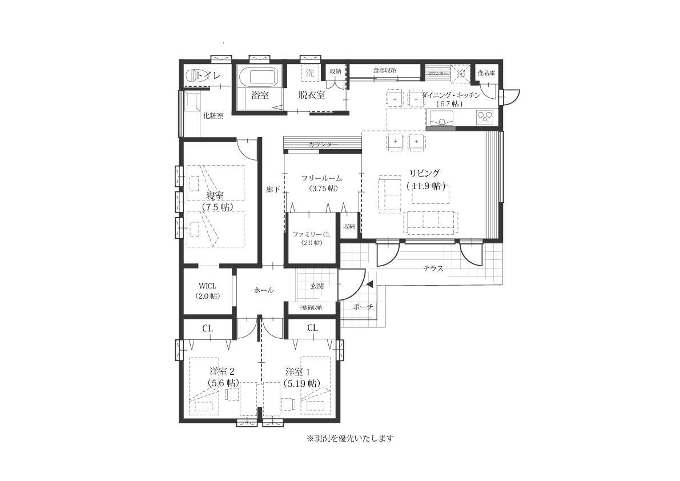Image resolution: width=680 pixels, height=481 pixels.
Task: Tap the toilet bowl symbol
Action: pos(195,75)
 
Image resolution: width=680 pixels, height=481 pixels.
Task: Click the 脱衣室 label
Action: pos(311,95)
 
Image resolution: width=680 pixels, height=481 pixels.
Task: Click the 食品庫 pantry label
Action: pos(486,73)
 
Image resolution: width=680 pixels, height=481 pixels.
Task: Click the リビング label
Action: pos(424,173)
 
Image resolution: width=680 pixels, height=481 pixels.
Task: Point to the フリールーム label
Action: pos(322,178)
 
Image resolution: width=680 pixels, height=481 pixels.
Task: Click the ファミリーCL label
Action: pos(311,234)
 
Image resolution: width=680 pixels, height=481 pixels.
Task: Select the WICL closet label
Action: pos(207,285)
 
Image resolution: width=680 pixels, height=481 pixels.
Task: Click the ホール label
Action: pos(263,290)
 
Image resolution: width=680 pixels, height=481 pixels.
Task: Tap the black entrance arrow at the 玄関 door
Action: pos(369,283)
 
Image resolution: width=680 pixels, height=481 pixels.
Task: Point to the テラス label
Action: pos(433,268)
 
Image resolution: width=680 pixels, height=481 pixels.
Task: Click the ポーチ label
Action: pos(363,307)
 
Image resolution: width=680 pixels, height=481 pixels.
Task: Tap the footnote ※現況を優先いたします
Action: pos(350,438)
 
